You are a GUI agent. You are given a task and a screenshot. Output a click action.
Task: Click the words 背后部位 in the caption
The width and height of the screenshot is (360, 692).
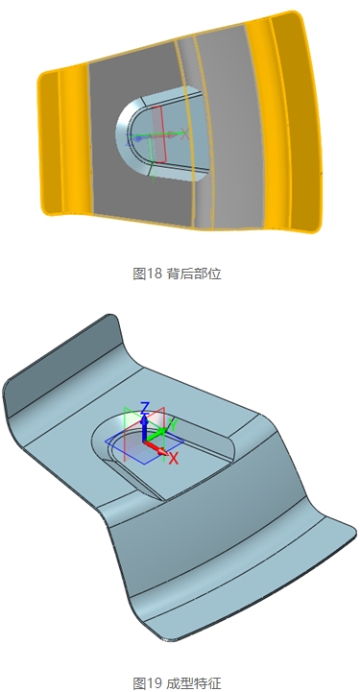click(x=195, y=274)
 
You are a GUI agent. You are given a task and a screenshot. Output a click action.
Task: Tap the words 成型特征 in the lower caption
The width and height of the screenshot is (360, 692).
click(x=195, y=683)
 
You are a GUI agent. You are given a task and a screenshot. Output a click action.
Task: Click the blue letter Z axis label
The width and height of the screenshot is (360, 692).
click(x=144, y=407)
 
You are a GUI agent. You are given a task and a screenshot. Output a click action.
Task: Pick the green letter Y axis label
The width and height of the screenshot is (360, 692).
click(x=174, y=425)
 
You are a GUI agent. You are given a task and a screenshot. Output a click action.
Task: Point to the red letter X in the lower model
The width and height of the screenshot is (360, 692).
click(x=174, y=459)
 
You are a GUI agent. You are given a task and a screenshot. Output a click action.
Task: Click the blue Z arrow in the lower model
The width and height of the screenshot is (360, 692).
click(x=144, y=427)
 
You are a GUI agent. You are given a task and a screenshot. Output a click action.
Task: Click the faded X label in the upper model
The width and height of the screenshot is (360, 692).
click(x=185, y=132)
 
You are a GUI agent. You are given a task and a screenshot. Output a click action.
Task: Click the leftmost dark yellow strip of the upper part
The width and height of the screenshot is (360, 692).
click(x=49, y=142)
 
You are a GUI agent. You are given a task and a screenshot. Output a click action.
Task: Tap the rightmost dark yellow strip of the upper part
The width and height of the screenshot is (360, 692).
click(x=300, y=124)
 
